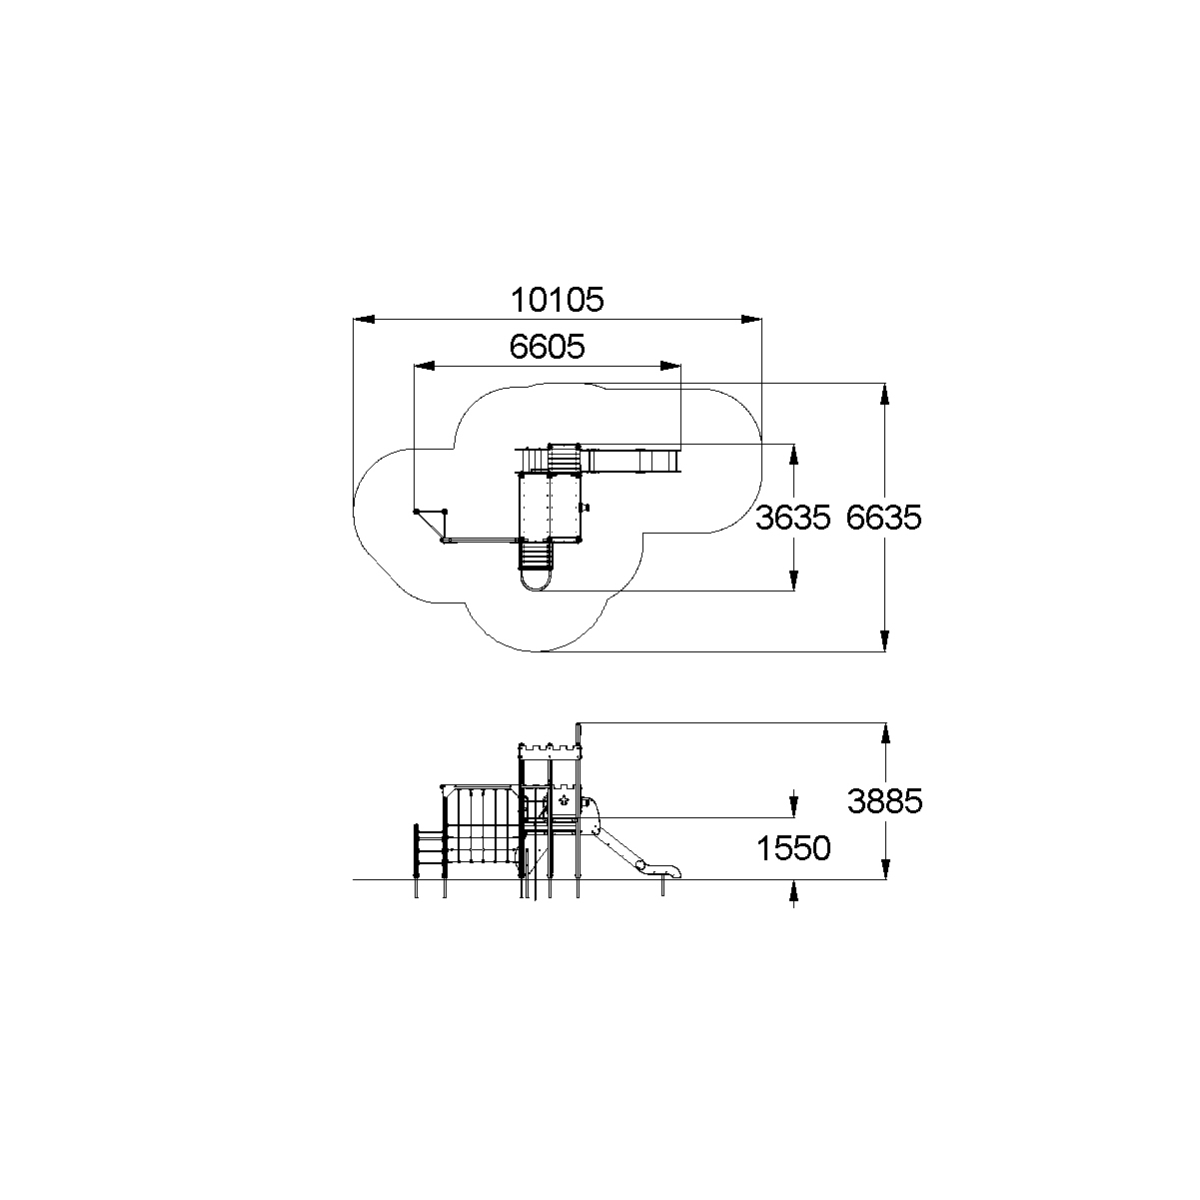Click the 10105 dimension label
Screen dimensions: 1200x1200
558,300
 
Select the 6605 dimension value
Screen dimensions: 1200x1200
548,347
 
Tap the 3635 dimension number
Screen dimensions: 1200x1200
792,518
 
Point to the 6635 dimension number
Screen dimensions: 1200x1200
883,518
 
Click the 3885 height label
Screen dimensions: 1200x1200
885,801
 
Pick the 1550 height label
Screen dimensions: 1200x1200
793,848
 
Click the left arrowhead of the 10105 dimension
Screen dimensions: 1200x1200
364,320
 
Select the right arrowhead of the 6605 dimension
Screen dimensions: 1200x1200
670,366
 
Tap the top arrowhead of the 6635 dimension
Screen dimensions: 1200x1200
885,394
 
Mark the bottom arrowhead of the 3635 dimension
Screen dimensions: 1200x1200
793,580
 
